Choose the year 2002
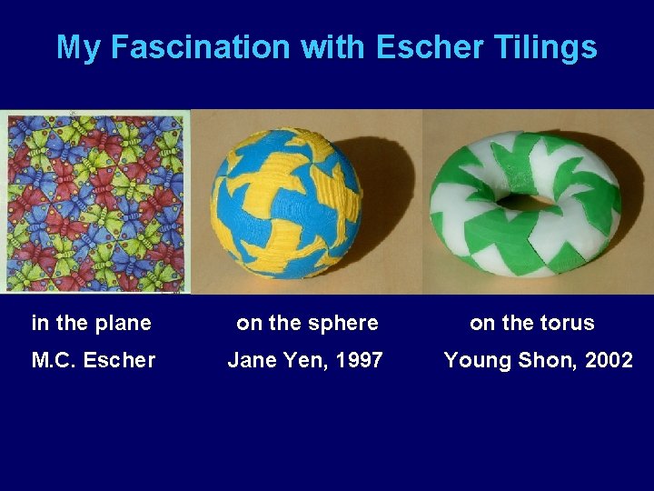click(x=609, y=360)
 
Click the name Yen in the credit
click(x=302, y=360)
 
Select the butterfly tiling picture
click(x=95, y=201)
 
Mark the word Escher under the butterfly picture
click(x=120, y=360)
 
